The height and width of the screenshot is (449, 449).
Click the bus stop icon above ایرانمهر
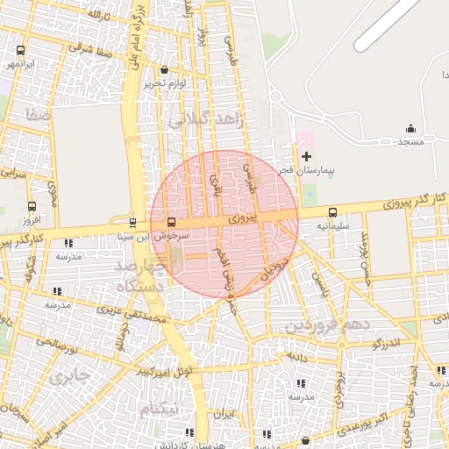[x=20, y=51]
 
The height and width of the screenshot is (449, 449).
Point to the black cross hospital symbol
[x=305, y=157]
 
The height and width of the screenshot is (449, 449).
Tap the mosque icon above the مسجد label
[x=410, y=129]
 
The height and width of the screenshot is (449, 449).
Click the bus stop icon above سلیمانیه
[x=332, y=211]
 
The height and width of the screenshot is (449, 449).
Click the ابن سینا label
[x=130, y=236]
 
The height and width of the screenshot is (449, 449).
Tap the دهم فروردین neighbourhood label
[x=330, y=325]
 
